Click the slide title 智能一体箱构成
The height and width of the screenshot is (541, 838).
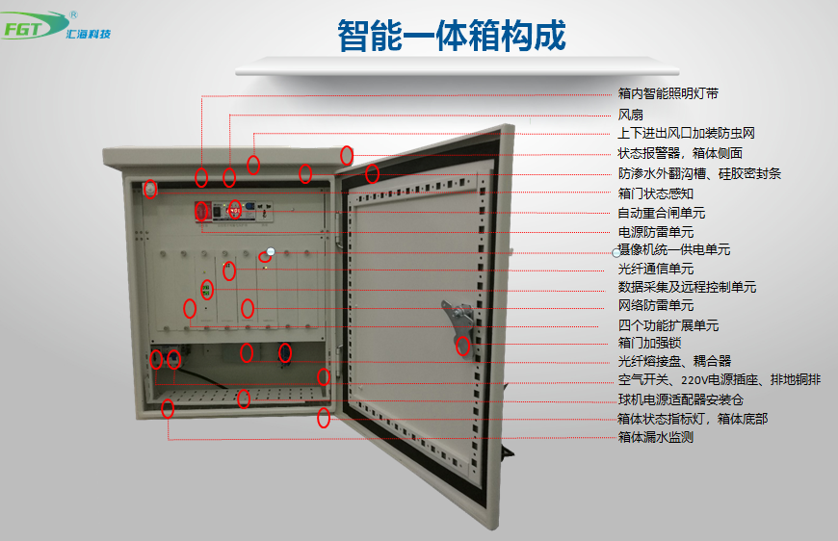click(x=451, y=37)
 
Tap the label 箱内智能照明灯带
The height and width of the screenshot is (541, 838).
click(x=668, y=94)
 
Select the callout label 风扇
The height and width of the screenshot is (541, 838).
click(x=630, y=115)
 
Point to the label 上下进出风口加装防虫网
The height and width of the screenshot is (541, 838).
click(x=685, y=134)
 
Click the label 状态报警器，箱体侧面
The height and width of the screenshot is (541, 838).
click(x=679, y=153)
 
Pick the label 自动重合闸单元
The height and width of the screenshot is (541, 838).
click(x=661, y=213)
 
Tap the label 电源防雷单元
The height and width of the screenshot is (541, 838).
click(x=655, y=232)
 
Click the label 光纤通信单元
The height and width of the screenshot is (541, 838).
click(x=655, y=269)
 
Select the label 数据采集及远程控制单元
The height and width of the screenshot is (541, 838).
click(x=686, y=287)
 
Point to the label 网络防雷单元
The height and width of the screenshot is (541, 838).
click(x=655, y=306)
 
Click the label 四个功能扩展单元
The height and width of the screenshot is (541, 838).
click(x=668, y=325)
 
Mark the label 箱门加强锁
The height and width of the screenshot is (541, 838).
click(x=648, y=343)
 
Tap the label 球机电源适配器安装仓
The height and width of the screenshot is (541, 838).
click(x=680, y=399)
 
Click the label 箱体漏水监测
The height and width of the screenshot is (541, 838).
click(x=655, y=437)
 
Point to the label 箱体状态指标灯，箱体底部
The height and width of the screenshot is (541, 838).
click(x=692, y=419)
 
